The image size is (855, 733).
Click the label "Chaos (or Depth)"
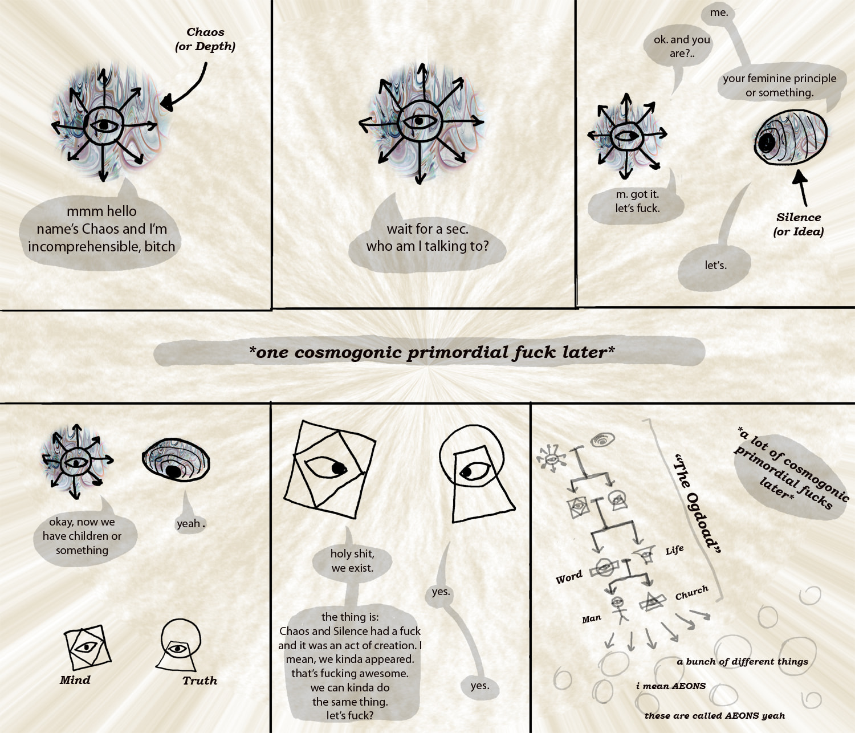point(205,39)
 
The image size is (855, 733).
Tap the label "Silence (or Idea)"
point(799,224)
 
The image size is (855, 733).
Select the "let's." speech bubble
point(714,264)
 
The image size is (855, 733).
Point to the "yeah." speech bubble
point(190,523)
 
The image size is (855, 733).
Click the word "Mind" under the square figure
point(75,680)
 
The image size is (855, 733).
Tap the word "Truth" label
point(200,681)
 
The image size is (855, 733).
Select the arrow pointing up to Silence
point(801,188)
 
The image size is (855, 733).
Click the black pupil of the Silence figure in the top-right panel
point(767,142)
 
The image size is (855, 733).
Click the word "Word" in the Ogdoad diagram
point(569,577)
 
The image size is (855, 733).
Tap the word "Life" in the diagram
point(675,550)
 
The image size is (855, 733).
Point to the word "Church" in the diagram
point(691,593)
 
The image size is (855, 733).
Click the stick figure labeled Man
point(619,609)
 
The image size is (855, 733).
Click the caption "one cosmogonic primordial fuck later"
point(431,352)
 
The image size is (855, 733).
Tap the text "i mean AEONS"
point(671,686)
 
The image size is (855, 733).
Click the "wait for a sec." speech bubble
point(427,238)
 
